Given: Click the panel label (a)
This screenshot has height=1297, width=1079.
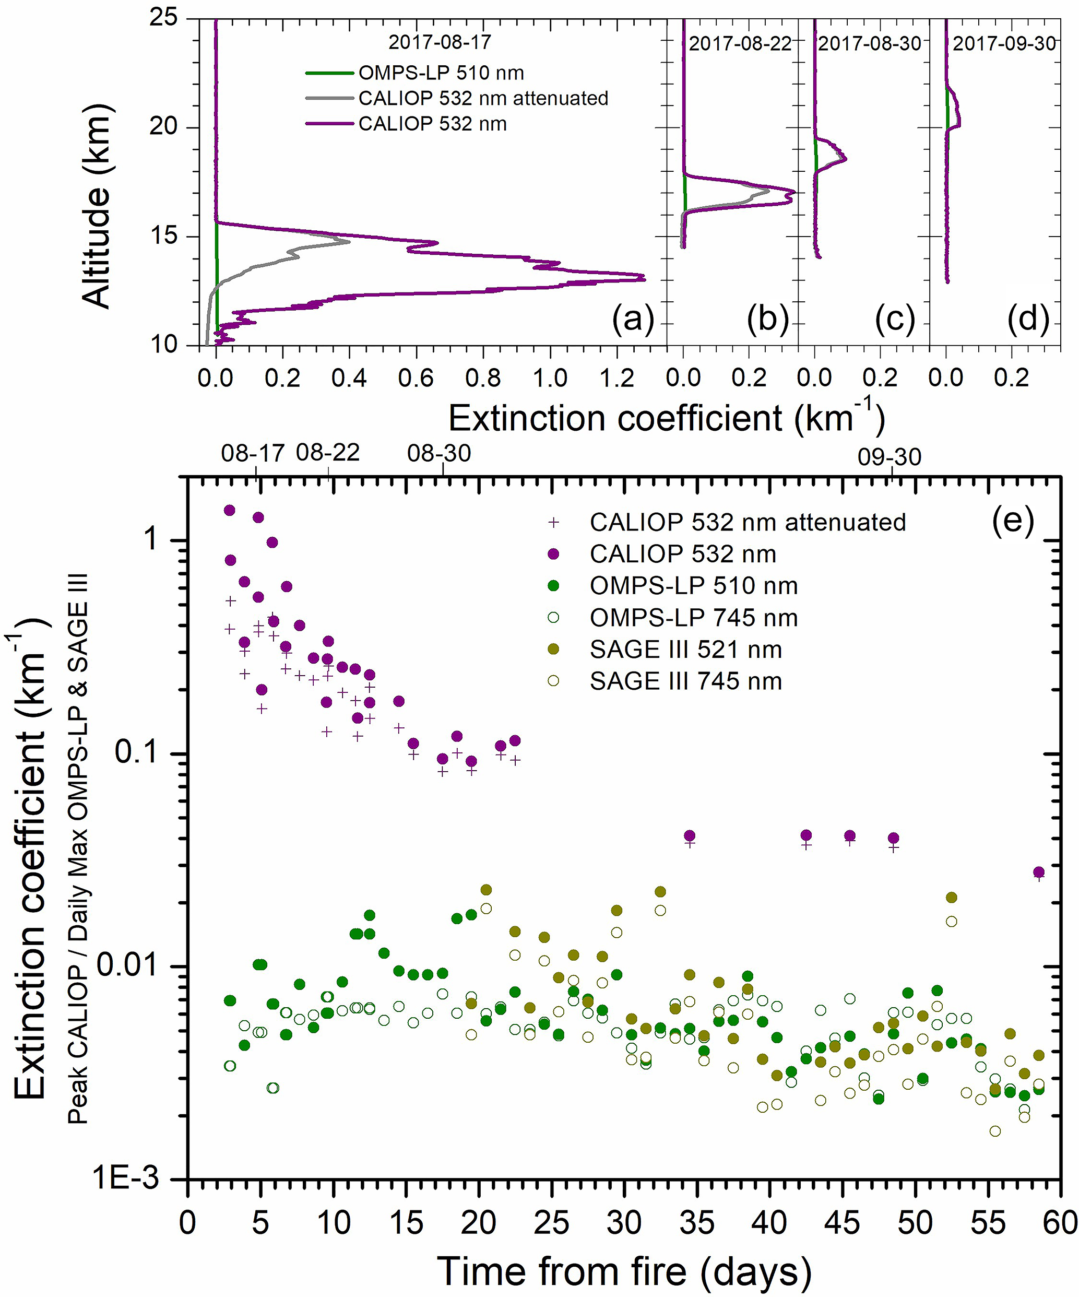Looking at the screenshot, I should tap(633, 320).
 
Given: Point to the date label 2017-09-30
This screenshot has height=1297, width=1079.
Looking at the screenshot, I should tap(1004, 43).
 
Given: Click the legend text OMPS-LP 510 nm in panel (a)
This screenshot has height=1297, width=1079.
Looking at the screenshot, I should tap(441, 73).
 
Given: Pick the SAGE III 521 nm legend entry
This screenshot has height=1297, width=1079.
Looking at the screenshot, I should tap(685, 649).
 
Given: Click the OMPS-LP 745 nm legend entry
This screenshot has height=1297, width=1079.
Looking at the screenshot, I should tap(693, 618).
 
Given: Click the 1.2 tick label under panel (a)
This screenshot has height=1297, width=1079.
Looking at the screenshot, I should tap(617, 378).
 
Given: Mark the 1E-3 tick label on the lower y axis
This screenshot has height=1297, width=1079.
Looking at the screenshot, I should tap(125, 1178).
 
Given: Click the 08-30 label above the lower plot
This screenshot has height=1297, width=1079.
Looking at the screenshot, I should tap(439, 453).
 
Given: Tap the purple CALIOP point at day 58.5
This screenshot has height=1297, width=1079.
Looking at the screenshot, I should tap(1039, 872).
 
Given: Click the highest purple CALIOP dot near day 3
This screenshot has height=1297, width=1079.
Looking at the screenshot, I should tap(229, 510).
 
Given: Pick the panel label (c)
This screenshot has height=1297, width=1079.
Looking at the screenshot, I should tap(894, 320).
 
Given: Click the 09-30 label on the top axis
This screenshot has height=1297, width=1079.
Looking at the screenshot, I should tap(890, 457).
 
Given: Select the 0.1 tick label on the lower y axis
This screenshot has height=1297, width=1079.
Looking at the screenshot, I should tap(136, 753).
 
